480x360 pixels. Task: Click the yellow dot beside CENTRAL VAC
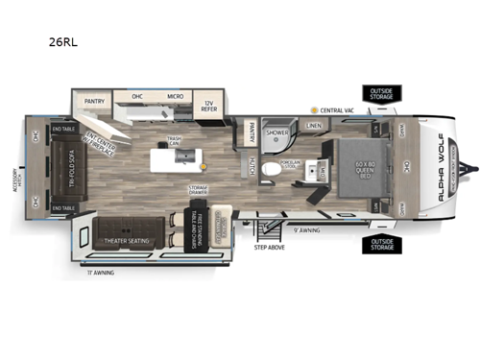(x=313, y=111)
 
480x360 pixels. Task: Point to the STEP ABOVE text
(x=269, y=246)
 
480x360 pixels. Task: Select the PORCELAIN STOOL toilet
(x=272, y=169)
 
